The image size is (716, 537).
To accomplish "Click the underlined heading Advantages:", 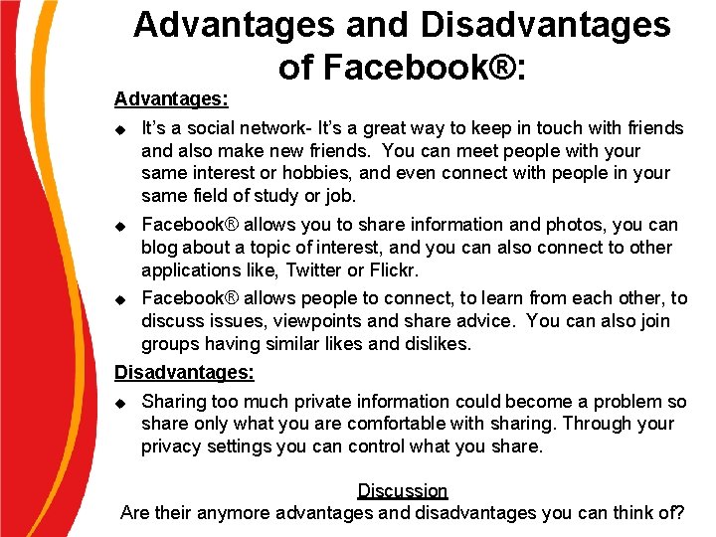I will click(171, 98).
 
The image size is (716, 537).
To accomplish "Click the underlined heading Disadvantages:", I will click(184, 373).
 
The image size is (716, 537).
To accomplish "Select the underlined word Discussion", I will click(403, 490).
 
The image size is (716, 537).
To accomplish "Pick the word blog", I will click(159, 248).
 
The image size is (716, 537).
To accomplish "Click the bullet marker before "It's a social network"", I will click(120, 129).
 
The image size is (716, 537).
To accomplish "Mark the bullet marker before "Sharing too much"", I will click(120, 403).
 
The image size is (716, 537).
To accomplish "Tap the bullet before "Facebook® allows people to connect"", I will click(120, 299).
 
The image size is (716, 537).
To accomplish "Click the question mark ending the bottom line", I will click(679, 513).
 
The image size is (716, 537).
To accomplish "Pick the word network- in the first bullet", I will click(278, 128).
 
